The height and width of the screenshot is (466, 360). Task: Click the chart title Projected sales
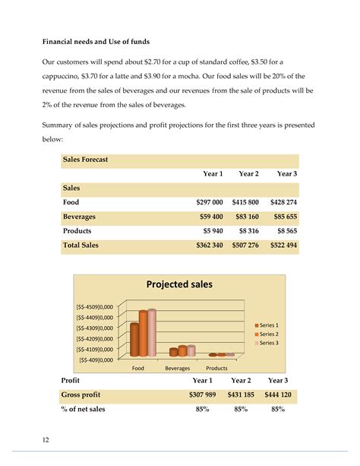180,284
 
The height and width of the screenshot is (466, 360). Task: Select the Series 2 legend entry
268,334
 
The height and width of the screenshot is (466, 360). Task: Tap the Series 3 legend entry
268,343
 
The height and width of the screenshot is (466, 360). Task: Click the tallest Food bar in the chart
151,332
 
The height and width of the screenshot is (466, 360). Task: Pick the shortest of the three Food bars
134,339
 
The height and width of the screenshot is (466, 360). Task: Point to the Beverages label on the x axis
177,368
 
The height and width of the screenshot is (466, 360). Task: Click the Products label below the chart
216,368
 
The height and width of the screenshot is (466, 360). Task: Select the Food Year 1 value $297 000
206,202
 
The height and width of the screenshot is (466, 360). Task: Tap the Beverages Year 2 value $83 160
243,217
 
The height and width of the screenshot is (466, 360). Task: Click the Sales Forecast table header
85,160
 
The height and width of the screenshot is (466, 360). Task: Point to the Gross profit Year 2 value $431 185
240,395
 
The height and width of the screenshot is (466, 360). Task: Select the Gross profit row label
80,395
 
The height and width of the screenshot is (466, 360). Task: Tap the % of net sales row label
83,410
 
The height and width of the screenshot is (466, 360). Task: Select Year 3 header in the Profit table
278,380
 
